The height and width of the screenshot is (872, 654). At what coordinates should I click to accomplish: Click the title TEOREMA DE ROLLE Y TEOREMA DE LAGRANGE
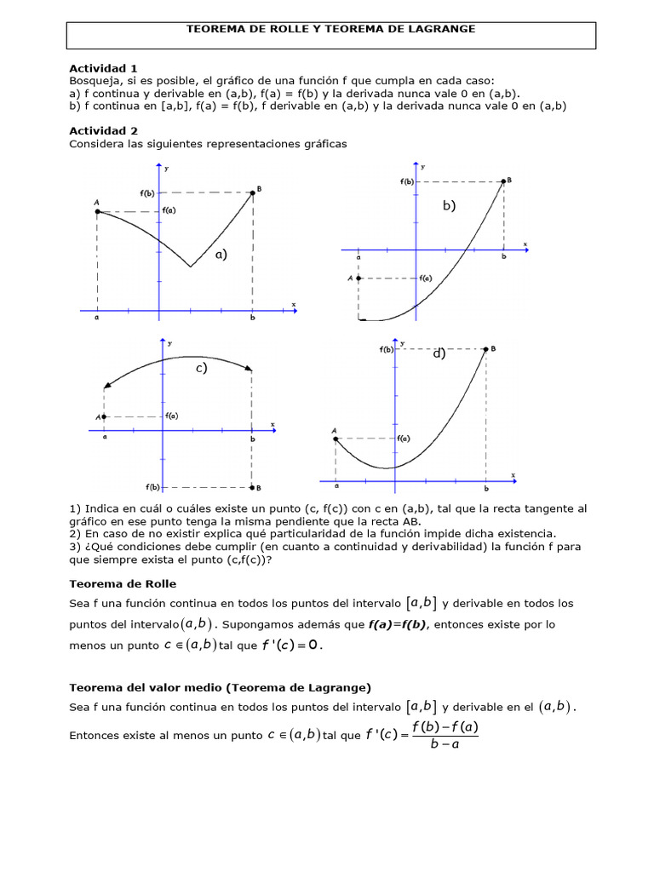[330, 29]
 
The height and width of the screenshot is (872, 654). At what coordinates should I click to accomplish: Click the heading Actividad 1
[102, 68]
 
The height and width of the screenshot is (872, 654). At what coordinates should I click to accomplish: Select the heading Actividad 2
[102, 131]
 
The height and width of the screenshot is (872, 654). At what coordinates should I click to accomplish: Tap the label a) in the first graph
[221, 254]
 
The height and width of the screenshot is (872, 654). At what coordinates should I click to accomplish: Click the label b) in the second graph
[449, 206]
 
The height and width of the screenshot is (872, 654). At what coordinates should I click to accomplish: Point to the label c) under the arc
[201, 369]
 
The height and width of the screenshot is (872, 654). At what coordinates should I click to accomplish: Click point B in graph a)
[253, 193]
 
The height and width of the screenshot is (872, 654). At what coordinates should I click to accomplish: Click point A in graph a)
[98, 211]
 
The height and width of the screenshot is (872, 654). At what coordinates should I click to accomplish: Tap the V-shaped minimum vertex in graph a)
[190, 266]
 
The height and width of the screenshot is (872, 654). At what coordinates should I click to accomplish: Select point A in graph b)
[359, 278]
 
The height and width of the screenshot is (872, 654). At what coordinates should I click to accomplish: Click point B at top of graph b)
[502, 181]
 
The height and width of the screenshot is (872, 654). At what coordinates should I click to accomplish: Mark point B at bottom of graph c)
[251, 487]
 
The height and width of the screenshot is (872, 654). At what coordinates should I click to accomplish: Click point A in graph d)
[336, 439]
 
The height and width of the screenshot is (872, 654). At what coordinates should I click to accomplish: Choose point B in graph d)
[486, 348]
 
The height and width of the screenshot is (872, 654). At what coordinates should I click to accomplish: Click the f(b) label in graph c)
[153, 487]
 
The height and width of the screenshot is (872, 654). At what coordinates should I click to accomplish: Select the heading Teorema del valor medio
[219, 687]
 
